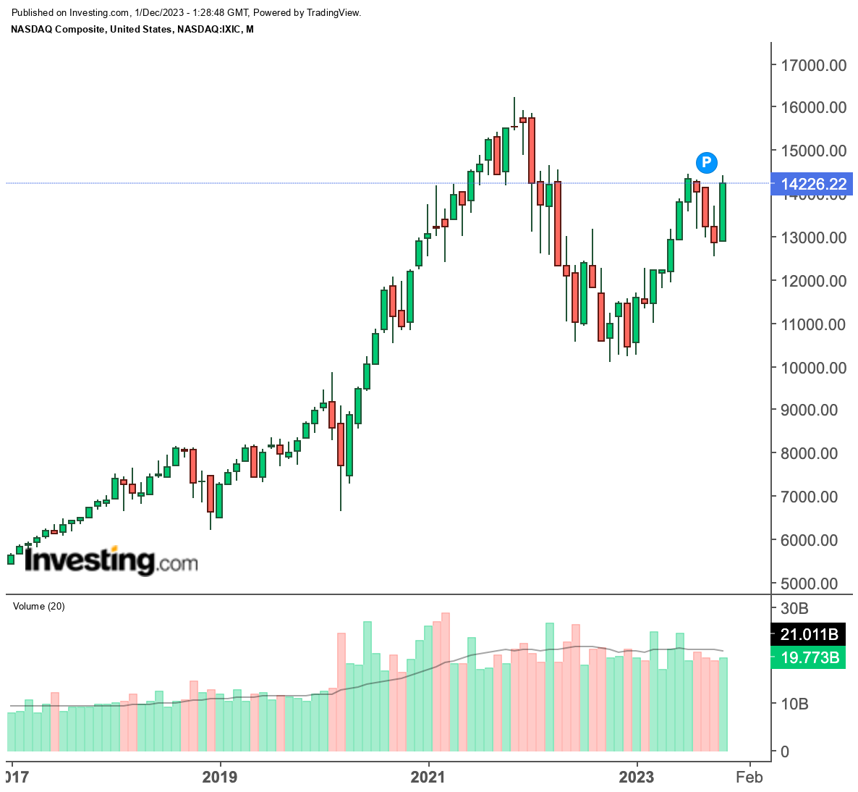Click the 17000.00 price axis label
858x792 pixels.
(x=812, y=65)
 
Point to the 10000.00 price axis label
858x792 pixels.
(x=812, y=368)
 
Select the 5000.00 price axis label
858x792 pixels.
(x=812, y=584)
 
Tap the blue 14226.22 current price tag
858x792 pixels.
(x=813, y=184)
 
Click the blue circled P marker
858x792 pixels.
(x=707, y=162)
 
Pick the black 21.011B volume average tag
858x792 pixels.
(x=809, y=635)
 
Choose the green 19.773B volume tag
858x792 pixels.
(x=809, y=658)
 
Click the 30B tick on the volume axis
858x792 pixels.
(x=794, y=607)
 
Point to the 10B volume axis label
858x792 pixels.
(x=794, y=704)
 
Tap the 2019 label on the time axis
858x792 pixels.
(x=219, y=777)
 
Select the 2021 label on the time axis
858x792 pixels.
(x=428, y=777)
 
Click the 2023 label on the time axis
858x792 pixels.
(x=637, y=777)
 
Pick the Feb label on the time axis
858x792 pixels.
(x=749, y=777)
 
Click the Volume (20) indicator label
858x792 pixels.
(x=39, y=606)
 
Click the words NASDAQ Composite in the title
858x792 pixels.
(x=59, y=29)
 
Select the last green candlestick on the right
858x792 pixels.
(x=722, y=212)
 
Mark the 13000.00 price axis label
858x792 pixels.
(x=812, y=237)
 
